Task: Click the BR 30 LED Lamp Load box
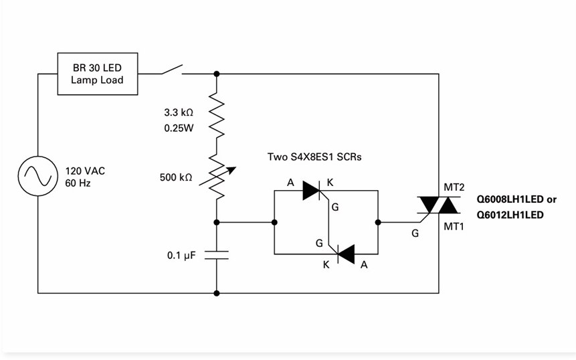98,74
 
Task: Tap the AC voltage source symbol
38,176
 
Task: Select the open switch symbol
172,70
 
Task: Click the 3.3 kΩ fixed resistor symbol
217,115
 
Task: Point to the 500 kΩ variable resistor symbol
217,177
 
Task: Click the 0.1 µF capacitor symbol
217,255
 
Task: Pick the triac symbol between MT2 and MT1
439,205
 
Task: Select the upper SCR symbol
312,190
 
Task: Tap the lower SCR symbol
345,254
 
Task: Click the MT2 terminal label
454,187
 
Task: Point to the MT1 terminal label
454,227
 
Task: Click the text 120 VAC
85,171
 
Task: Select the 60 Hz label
78,183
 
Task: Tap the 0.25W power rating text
179,128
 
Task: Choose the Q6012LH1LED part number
510,215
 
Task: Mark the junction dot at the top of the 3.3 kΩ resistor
217,74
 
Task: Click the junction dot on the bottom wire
217,293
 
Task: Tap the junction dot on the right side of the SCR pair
378,222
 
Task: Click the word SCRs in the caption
349,157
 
